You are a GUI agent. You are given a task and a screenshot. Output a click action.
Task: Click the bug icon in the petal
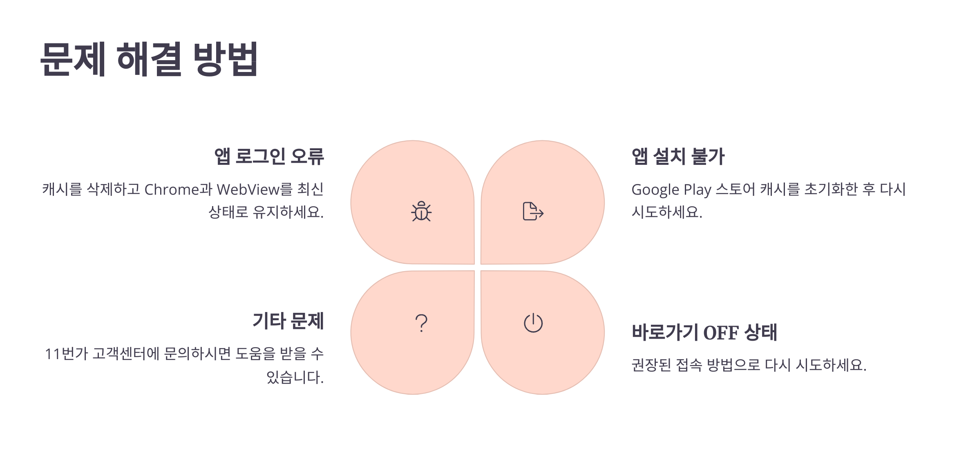[421, 211]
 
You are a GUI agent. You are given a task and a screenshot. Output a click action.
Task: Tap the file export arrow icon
[533, 211]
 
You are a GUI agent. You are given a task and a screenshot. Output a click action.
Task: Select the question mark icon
[421, 323]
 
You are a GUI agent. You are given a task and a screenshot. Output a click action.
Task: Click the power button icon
[533, 323]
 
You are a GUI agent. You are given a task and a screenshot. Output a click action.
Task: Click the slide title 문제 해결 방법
[149, 59]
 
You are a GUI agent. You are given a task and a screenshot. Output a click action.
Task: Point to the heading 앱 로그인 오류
[269, 157]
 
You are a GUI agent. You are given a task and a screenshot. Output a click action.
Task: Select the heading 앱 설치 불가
[678, 157]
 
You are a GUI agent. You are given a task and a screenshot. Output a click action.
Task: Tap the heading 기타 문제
[288, 321]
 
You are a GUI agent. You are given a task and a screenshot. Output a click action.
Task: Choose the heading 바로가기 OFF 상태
[704, 332]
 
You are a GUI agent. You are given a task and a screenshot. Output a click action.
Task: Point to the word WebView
[248, 190]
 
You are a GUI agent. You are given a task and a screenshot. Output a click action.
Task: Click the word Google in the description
[655, 190]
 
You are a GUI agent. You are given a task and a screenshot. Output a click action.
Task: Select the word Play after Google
[697, 190]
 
